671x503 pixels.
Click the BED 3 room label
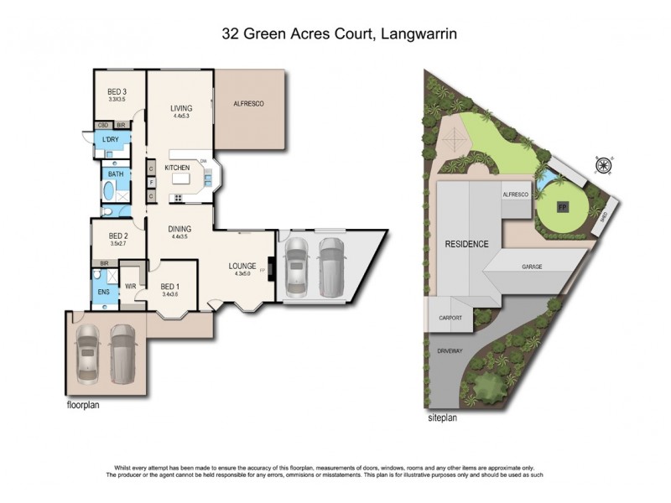click(x=117, y=92)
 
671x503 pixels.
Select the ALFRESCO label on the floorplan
click(x=249, y=103)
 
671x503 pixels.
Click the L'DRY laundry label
click(x=110, y=140)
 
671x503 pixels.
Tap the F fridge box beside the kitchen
click(x=151, y=180)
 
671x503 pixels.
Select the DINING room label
click(x=180, y=229)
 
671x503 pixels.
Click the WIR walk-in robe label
click(x=130, y=286)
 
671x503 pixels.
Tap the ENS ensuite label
click(x=105, y=292)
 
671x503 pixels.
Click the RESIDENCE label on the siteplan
click(x=466, y=244)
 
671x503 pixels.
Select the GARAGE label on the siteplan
click(x=531, y=267)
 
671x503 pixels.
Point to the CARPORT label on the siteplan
click(x=451, y=319)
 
